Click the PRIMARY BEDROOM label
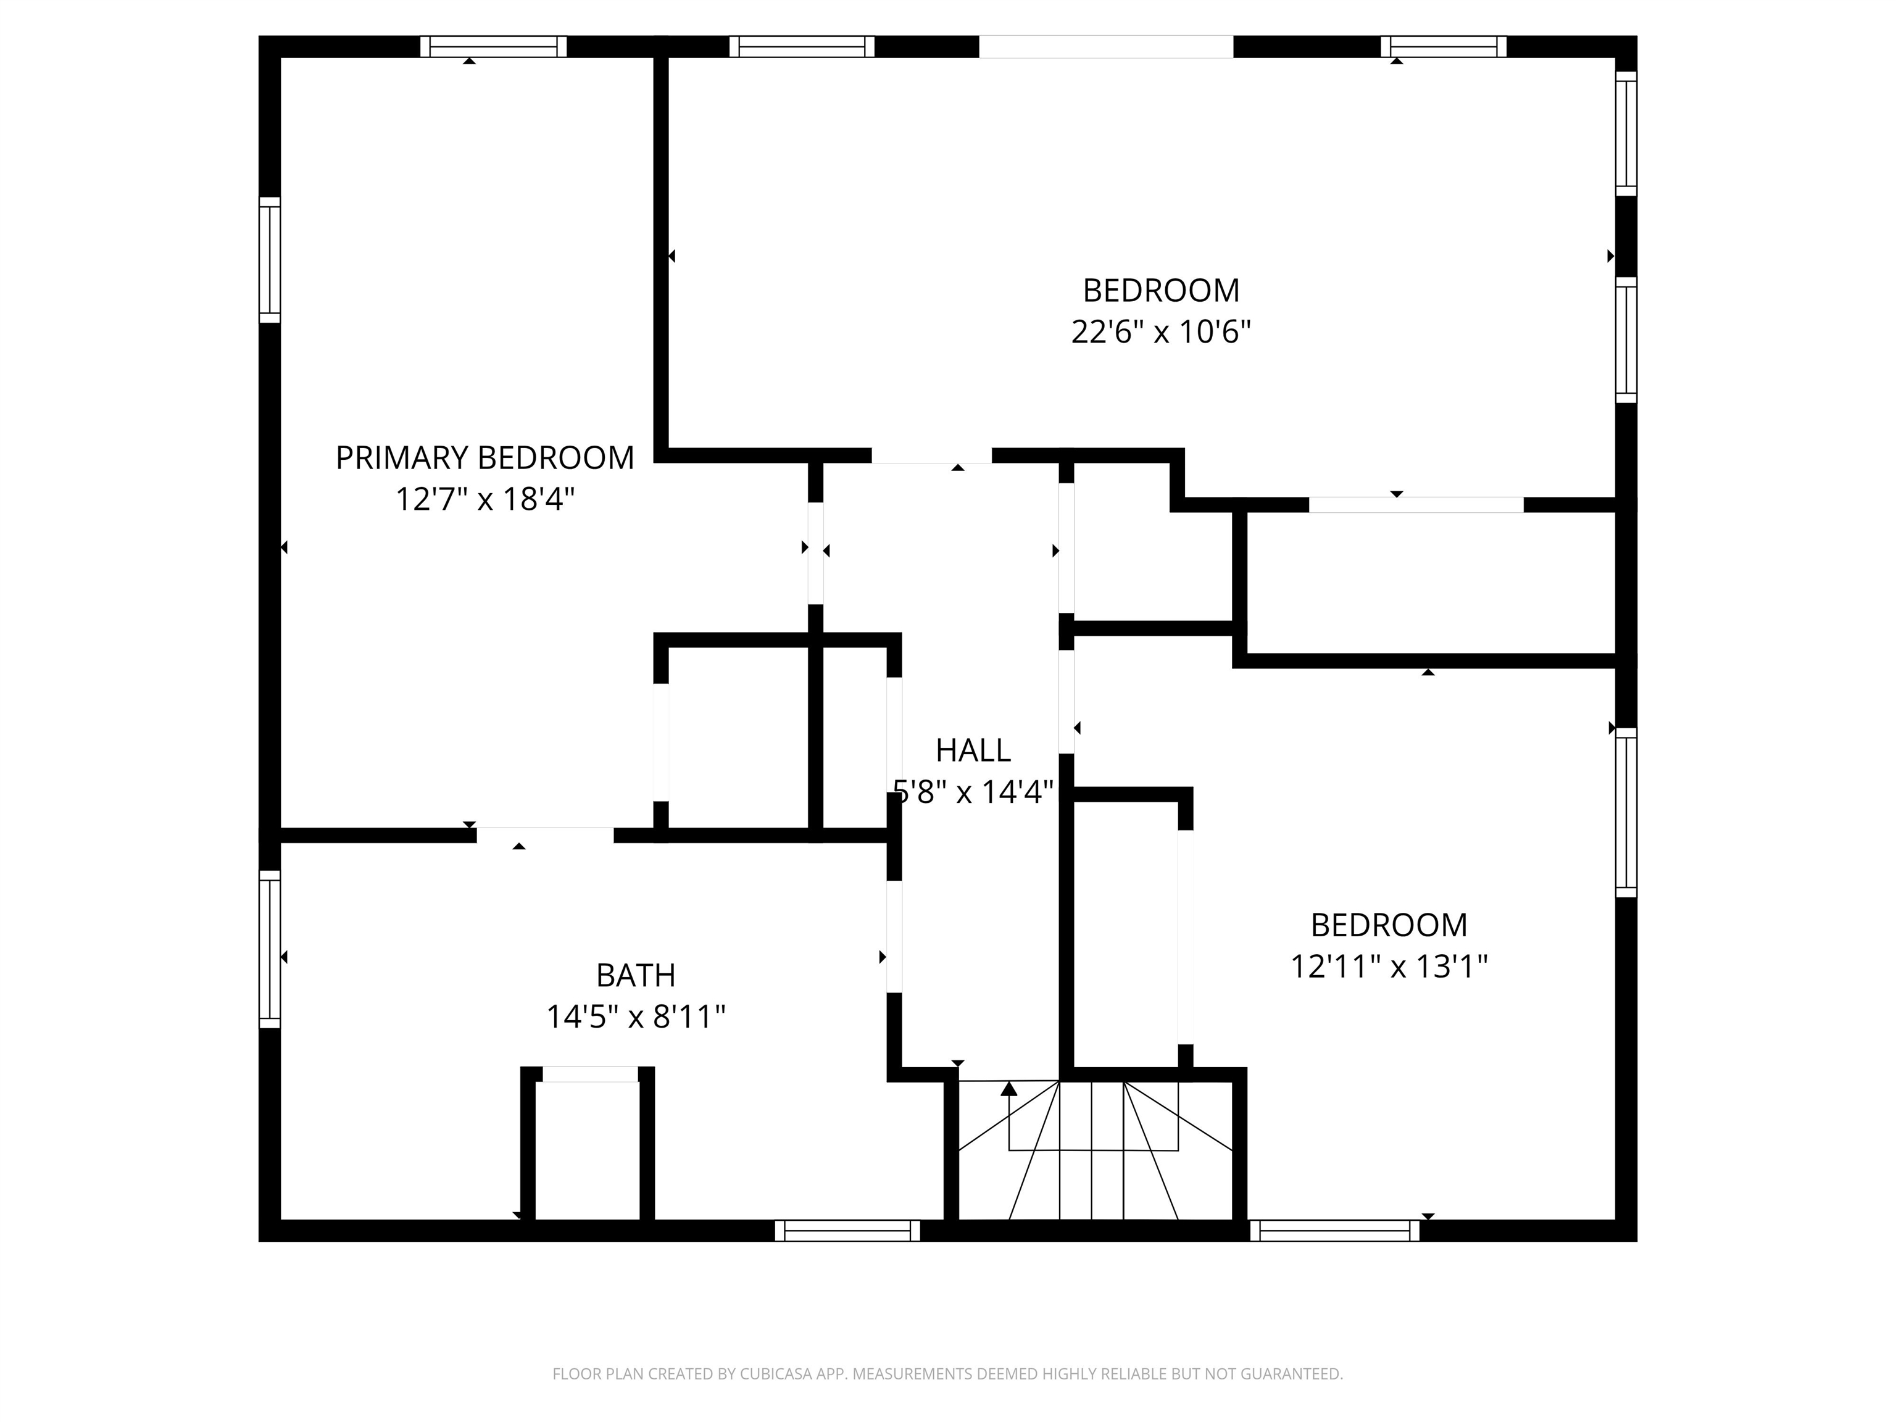pyautogui.click(x=484, y=459)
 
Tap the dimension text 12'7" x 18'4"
pyautogui.click(x=484, y=499)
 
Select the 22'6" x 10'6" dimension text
pyautogui.click(x=1160, y=331)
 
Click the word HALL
pyautogui.click(x=973, y=751)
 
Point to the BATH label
pyautogui.click(x=635, y=975)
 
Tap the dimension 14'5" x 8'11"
pyautogui.click(x=635, y=1017)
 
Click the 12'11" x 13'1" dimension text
pyautogui.click(x=1389, y=967)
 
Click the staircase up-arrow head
pyautogui.click(x=1009, y=1089)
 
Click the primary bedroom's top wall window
pyautogui.click(x=493, y=46)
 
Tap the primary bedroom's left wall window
pyautogui.click(x=270, y=260)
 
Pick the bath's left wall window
pyautogui.click(x=270, y=949)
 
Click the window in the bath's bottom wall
pyautogui.click(x=847, y=1231)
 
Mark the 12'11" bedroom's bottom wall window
pyautogui.click(x=1334, y=1231)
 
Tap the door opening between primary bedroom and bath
pyautogui.click(x=545, y=835)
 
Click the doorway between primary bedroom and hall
pyautogui.click(x=816, y=553)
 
